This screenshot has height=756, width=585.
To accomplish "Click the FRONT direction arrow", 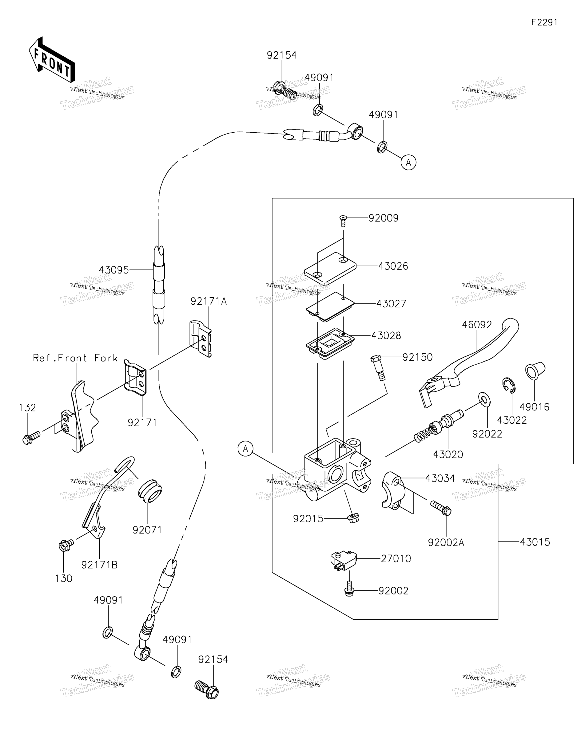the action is coord(52,60).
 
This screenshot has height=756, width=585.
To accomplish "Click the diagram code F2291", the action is coord(544,22).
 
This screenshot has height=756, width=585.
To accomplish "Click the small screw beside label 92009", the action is coord(343,220).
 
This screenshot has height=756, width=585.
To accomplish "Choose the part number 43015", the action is coord(535,542).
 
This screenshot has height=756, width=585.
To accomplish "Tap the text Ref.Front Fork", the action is coord(75,358).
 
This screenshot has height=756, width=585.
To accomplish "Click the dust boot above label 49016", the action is coord(535,371).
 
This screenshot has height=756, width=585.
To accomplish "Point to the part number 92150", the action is coord(417,357).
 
